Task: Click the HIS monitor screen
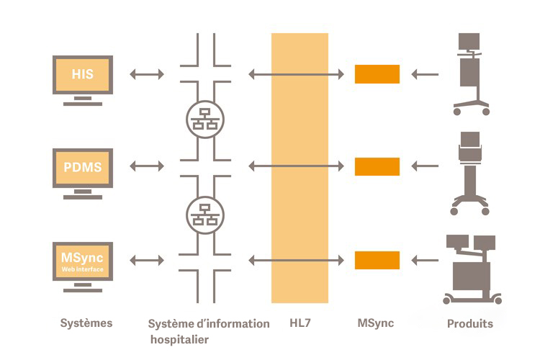(83, 74)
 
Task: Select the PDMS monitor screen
(83, 167)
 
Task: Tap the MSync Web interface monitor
(83, 261)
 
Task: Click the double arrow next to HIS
(147, 73)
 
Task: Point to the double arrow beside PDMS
(147, 166)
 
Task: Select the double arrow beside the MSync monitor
(147, 260)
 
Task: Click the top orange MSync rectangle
(377, 74)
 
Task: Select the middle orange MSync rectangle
(377, 166)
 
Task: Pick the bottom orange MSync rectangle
(377, 260)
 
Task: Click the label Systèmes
(86, 323)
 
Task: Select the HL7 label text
(300, 323)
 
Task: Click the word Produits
(470, 323)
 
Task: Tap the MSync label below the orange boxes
(376, 323)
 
